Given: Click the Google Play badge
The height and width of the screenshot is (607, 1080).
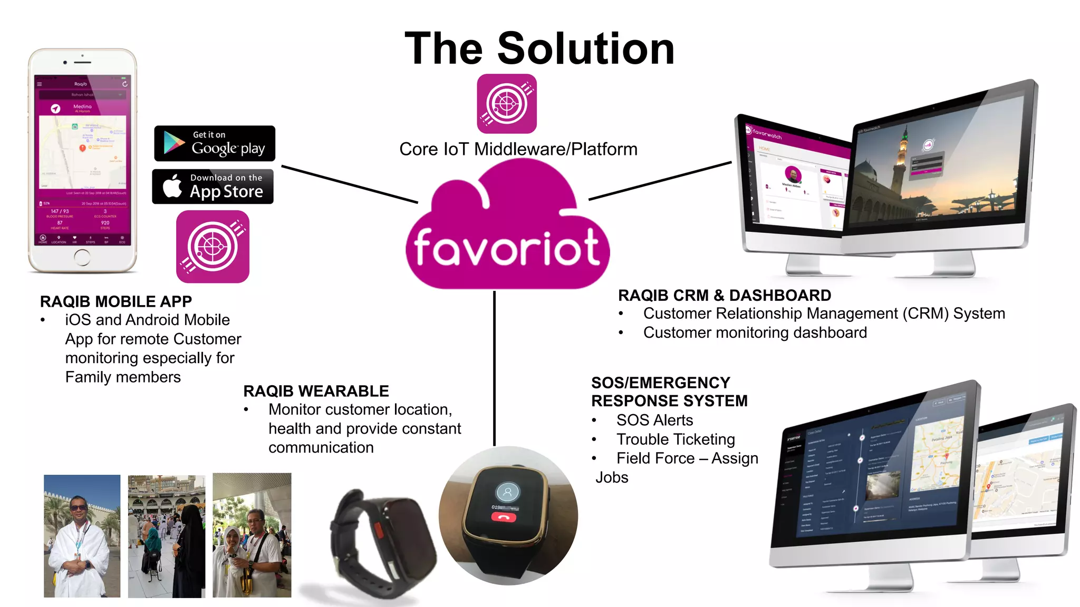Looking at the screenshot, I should [215, 143].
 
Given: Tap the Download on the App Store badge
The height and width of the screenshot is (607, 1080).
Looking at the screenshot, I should [213, 187].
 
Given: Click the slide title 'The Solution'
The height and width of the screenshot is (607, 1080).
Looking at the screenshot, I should [539, 48].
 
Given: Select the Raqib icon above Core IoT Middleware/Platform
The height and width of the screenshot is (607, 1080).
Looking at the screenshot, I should [507, 103].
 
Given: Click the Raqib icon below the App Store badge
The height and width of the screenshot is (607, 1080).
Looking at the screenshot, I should [213, 247].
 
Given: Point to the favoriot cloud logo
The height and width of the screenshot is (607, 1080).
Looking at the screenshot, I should [507, 232].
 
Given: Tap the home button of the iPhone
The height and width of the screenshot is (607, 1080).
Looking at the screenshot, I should [82, 257].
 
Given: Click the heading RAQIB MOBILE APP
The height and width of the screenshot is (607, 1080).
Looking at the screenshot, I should [116, 301].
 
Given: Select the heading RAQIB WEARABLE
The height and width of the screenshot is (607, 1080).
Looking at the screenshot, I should [316, 391].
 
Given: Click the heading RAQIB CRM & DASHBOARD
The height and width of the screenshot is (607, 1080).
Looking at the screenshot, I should [725, 295].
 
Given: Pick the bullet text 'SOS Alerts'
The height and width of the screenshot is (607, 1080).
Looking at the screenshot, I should [654, 420].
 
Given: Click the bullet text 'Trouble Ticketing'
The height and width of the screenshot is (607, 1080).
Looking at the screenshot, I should [676, 439].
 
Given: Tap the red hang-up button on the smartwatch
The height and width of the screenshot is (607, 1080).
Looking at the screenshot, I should [504, 517].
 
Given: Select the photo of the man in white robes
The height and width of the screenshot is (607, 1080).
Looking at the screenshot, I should [82, 536].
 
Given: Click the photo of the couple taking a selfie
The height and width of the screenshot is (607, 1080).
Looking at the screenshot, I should [252, 535].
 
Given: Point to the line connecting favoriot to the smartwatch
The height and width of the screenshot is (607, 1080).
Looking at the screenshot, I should [494, 369].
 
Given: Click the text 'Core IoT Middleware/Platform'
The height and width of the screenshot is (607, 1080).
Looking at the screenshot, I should [518, 149].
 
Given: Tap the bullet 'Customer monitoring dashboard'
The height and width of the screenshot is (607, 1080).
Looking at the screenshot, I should [755, 332].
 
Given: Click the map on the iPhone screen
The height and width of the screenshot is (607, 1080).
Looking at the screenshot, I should [83, 152].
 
